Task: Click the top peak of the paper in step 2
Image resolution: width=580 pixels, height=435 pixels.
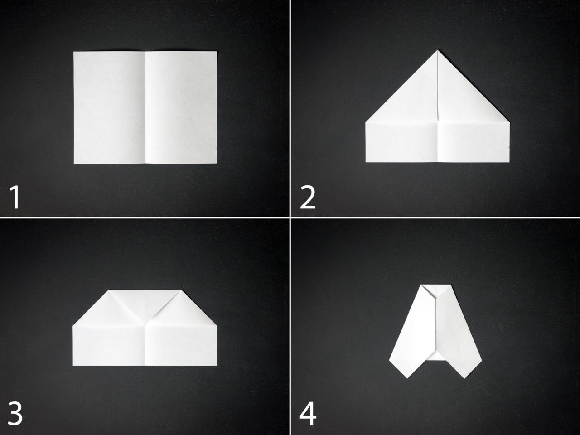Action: point(438,51)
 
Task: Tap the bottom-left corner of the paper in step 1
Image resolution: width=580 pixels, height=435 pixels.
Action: point(73,163)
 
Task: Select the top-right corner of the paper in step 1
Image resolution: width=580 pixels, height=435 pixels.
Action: point(216,52)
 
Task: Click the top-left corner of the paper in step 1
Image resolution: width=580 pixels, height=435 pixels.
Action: point(73,52)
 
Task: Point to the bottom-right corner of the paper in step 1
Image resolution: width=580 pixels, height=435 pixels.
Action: point(216,163)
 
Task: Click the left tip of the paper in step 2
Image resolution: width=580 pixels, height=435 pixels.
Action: point(365,122)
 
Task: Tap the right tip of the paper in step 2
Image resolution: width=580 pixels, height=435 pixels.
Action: point(510,122)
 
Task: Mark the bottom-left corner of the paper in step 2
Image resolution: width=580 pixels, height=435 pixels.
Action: point(366,162)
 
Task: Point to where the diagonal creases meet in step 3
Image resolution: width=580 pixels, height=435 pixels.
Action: point(145,324)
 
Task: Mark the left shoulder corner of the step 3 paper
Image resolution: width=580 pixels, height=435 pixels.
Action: point(72,325)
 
